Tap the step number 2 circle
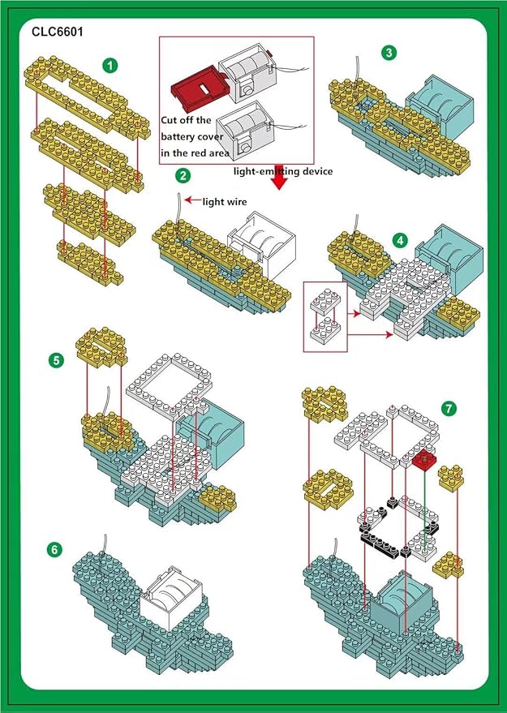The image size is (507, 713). (183, 175)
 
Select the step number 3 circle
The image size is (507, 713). (389, 53)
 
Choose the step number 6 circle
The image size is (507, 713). (54, 550)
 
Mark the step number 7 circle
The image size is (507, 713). (449, 406)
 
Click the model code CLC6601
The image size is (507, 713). (58, 32)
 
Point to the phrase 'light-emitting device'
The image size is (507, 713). (283, 171)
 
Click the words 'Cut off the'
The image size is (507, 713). (187, 120)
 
